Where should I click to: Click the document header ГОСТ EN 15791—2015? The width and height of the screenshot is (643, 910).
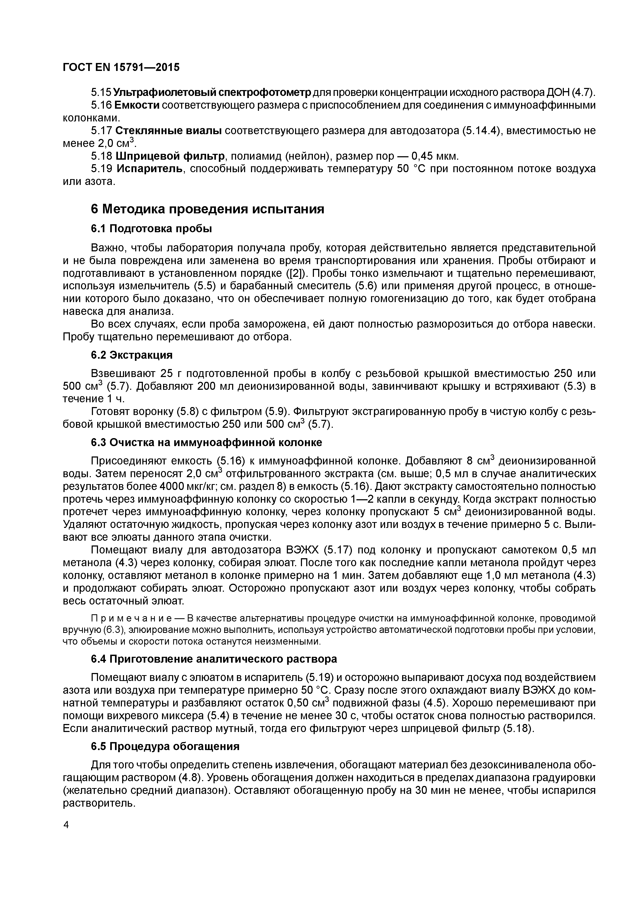pos(121,67)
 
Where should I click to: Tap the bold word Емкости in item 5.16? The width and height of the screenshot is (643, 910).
pos(137,105)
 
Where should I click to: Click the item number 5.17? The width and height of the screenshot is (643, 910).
pos(102,131)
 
